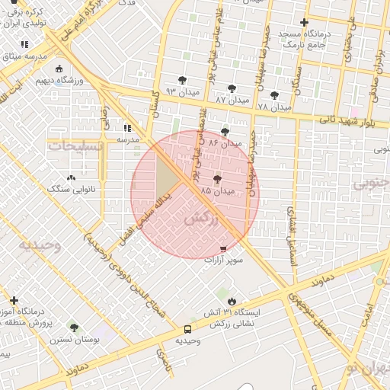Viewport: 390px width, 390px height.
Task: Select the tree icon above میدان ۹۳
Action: click(x=182, y=79)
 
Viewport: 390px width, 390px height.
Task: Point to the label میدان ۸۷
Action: click(x=232, y=100)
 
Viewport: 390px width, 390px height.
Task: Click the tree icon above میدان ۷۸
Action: click(x=274, y=95)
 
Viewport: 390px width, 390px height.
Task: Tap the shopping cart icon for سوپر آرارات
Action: click(x=222, y=249)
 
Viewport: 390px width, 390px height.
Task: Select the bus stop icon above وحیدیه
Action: click(x=187, y=329)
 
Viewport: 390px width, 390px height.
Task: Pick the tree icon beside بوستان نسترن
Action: click(x=74, y=328)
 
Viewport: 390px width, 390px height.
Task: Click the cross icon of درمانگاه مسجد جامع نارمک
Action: click(x=305, y=22)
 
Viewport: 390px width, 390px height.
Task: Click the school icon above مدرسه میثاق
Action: click(x=25, y=45)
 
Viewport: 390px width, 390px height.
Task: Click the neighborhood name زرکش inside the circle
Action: click(x=201, y=219)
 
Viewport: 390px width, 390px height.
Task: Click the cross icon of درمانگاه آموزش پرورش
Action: click(x=14, y=301)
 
